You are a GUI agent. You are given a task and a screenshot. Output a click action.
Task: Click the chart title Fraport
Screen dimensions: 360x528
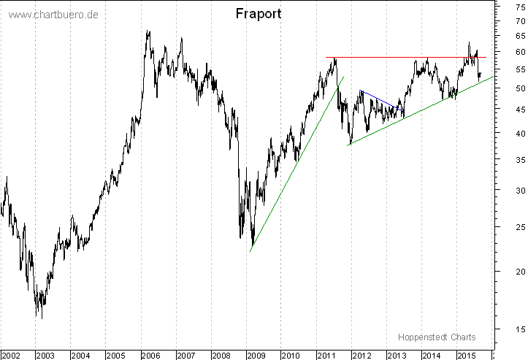pos(259,14)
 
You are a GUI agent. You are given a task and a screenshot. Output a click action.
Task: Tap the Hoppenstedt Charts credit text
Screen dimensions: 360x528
pos(437,337)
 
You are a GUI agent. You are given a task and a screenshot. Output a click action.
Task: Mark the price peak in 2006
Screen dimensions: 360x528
pos(148,31)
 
